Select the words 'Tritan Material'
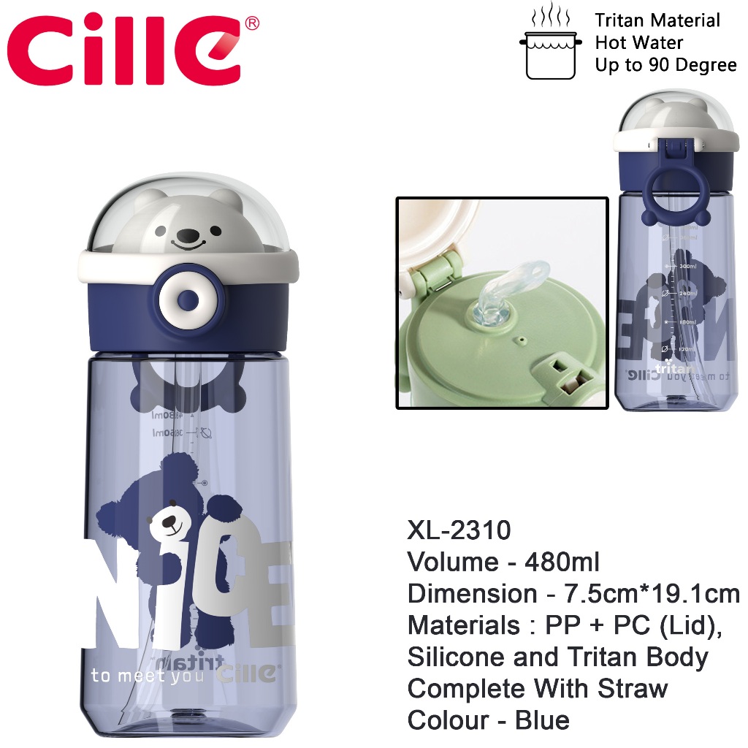pyautogui.click(x=657, y=20)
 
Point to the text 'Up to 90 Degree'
pyautogui.click(x=665, y=65)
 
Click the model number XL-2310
pyautogui.click(x=459, y=530)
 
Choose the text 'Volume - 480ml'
pyautogui.click(x=503, y=562)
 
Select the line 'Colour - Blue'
pyautogui.click(x=488, y=720)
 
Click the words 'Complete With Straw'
pyautogui.click(x=538, y=688)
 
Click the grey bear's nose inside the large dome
pyautogui.click(x=189, y=236)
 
